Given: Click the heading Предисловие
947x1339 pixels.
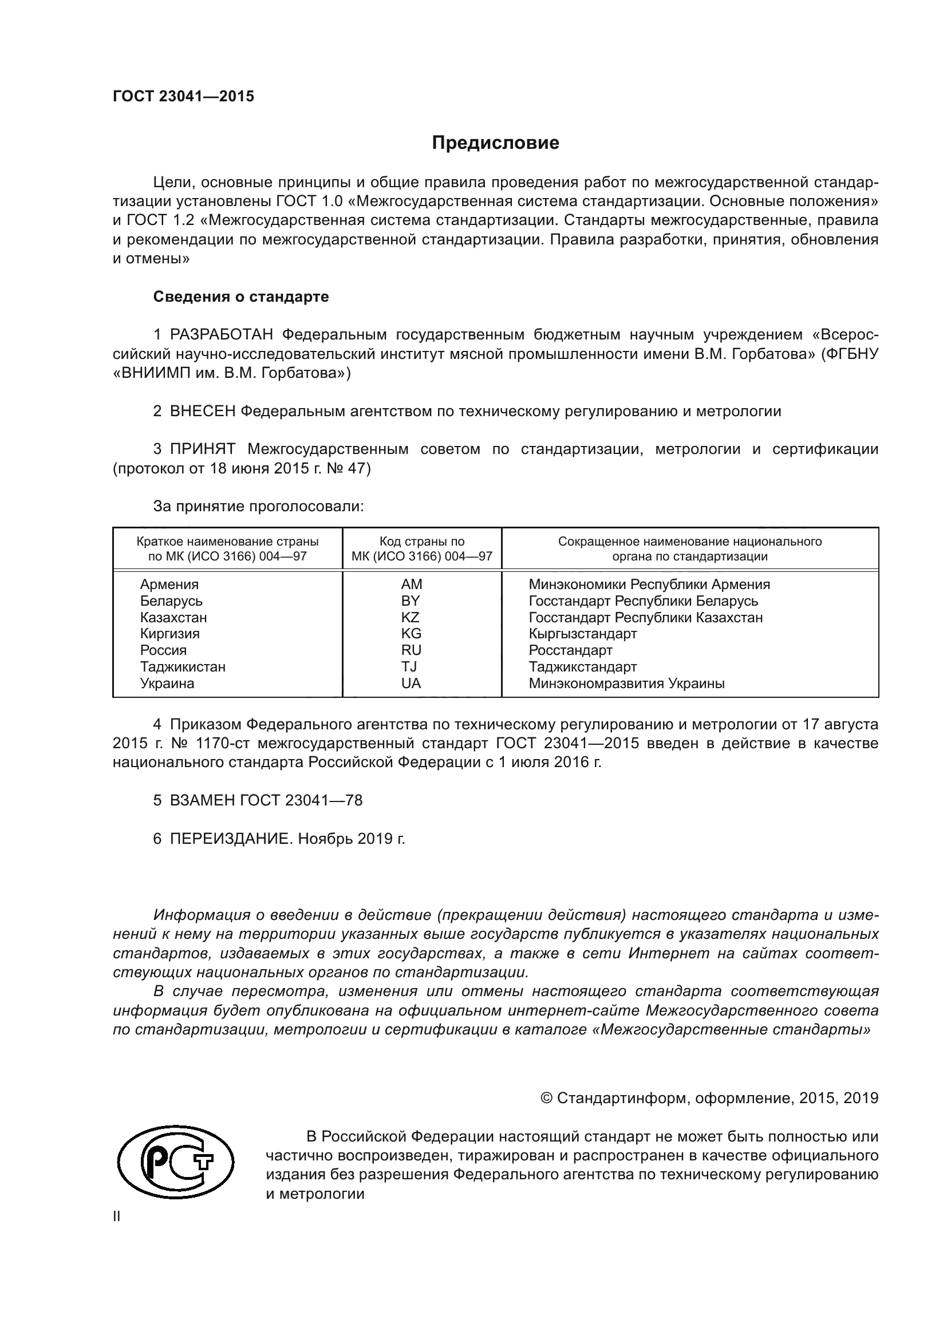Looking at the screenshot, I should point(495,143).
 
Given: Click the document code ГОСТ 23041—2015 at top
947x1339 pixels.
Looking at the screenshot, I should point(183,96).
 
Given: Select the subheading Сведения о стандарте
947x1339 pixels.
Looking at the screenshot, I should point(241,297).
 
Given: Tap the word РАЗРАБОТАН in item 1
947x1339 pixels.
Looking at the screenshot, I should point(221,335).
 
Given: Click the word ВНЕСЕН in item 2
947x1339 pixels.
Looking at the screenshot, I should point(202,411).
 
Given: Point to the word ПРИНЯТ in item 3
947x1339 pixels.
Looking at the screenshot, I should point(202,449).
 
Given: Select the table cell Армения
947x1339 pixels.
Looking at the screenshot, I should point(169,584).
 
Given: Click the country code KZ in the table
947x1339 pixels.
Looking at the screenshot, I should point(410,617).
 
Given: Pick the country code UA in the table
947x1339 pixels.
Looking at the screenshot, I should point(411,683).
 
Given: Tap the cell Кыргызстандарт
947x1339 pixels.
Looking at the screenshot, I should point(582,633).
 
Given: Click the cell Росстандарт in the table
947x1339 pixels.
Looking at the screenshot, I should point(570,650).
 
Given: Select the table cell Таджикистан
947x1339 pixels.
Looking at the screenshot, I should point(183,666).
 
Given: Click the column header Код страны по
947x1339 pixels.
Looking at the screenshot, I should point(421,541).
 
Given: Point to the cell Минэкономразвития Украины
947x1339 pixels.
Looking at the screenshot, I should point(626,683).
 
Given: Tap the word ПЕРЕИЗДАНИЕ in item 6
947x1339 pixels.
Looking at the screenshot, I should point(229,839).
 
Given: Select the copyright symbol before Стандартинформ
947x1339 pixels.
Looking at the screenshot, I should point(546,1098).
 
